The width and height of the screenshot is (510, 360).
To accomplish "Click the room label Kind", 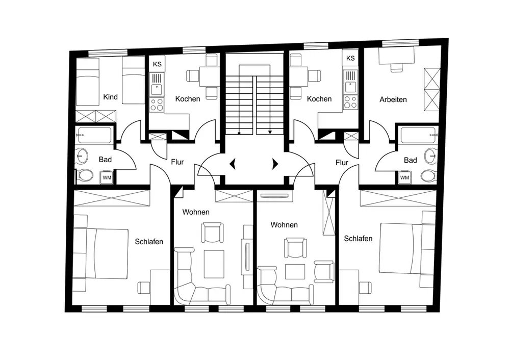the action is pyautogui.click(x=110, y=97).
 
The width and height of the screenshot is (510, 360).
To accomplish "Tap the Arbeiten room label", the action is pyautogui.click(x=393, y=99).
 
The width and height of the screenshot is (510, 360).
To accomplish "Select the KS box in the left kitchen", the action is pyautogui.click(x=157, y=64).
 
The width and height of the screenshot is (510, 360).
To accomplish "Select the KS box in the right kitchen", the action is pyautogui.click(x=350, y=58).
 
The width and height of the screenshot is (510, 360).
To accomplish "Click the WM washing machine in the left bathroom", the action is pyautogui.click(x=107, y=177).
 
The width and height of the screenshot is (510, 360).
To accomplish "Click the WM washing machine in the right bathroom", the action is pyautogui.click(x=404, y=177).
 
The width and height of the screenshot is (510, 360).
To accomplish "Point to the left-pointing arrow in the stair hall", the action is pyautogui.click(x=233, y=164).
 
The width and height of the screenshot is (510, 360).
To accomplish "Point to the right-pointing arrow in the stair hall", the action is pyautogui.click(x=275, y=164).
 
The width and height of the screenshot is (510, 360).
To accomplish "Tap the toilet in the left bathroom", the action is pyautogui.click(x=85, y=175).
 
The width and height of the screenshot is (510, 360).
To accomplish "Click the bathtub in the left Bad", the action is pyautogui.click(x=94, y=135).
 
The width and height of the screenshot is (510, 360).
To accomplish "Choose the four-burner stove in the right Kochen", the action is pyautogui.click(x=350, y=102).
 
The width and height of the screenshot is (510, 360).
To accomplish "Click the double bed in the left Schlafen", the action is pyautogui.click(x=100, y=253).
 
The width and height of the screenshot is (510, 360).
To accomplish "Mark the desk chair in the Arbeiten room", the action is pyautogui.click(x=396, y=67).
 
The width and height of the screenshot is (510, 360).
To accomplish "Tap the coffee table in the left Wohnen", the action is pyautogui.click(x=214, y=264).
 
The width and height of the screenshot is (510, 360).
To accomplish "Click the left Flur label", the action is pyautogui.click(x=177, y=162).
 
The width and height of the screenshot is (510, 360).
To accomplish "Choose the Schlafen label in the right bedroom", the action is pyautogui.click(x=358, y=239).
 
